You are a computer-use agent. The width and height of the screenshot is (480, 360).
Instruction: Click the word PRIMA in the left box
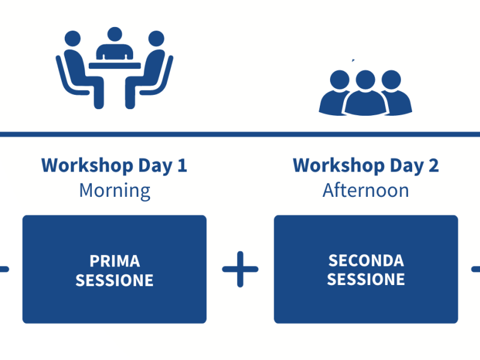coord(115,261)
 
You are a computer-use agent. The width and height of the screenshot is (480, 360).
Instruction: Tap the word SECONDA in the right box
coord(366,261)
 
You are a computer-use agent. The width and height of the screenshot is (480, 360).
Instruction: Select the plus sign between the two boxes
coord(241,269)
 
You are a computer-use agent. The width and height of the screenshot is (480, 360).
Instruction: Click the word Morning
coord(115,191)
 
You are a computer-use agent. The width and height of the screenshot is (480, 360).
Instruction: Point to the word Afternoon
coord(366,190)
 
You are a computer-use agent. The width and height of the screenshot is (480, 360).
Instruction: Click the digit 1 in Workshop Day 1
coord(182,166)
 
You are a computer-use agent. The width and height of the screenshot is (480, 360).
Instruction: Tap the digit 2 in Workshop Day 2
coord(433,166)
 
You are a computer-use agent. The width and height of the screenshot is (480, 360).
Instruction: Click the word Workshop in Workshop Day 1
coord(87,166)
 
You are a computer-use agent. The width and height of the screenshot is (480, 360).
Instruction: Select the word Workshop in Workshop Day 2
coord(339,166)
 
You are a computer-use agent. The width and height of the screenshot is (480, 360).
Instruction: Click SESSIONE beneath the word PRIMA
coord(115,280)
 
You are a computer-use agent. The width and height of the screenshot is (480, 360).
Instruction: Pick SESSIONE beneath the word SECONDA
coord(366,280)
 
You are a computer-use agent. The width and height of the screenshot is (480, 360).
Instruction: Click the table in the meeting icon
coord(115,66)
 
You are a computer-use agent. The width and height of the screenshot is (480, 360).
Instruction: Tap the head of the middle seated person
coord(115,34)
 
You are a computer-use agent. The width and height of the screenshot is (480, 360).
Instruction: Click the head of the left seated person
coord(73,38)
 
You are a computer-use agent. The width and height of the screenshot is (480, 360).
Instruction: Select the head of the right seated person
coord(157,38)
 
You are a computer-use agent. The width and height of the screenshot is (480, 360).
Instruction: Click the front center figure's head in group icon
coord(365,80)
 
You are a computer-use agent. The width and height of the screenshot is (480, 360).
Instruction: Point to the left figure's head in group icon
coord(340,80)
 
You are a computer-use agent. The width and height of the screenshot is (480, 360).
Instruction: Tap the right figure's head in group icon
coord(391,80)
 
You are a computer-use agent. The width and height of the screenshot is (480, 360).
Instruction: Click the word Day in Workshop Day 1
coord(155,166)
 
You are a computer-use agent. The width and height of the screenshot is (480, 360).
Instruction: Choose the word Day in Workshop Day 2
coord(407,166)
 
